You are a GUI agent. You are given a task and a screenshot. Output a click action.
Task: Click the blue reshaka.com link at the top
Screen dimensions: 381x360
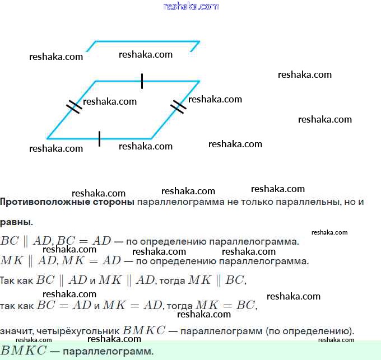point(191,6)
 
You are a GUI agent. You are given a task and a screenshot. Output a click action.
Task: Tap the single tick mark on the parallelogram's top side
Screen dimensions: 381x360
point(142,81)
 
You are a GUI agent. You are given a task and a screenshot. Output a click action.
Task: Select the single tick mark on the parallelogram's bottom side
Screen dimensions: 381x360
point(99,139)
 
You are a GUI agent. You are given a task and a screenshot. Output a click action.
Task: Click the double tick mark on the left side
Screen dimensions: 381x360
point(74,107)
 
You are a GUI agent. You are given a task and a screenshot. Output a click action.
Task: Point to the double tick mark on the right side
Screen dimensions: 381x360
point(178,107)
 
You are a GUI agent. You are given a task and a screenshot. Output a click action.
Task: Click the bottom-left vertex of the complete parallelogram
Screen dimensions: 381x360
point(47,139)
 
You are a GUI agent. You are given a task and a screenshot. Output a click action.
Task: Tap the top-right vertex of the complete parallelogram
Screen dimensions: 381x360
point(199,81)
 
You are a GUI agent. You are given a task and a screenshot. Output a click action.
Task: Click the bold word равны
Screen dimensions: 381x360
point(16,222)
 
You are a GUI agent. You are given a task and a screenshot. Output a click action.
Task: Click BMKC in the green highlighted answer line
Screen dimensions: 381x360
point(24,350)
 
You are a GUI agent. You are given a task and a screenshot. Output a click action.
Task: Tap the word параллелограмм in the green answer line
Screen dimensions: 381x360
point(108,352)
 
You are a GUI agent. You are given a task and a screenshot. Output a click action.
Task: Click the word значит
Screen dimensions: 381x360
point(17,331)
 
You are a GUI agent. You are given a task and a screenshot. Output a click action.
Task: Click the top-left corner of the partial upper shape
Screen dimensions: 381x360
point(96,41)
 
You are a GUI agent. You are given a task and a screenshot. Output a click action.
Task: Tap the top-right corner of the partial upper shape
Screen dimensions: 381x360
point(199,41)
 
